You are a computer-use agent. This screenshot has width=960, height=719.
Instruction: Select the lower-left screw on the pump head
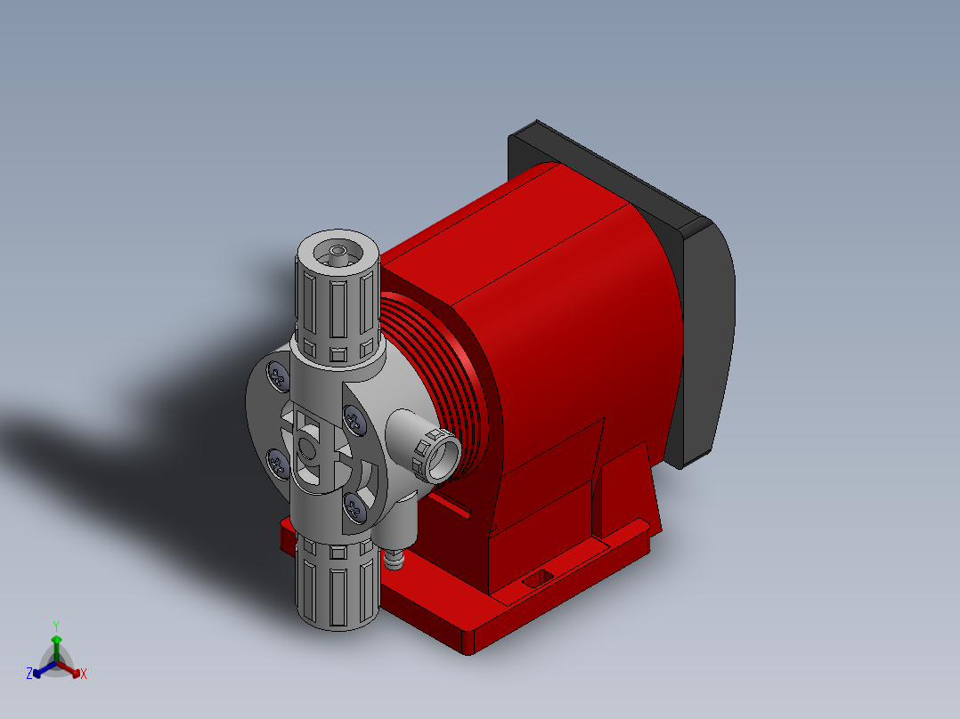277,461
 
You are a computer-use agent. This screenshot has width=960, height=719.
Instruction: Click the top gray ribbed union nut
338,303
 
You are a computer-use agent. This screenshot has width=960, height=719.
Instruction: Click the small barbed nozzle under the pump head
395,559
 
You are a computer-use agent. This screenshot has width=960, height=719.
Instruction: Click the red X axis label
84,675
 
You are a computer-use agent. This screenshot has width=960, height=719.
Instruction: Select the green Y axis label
55,626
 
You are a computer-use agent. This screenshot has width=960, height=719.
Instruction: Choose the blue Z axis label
29,674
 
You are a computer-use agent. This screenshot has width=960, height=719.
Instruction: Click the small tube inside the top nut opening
338,254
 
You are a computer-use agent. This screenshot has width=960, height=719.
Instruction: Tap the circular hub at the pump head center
308,448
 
